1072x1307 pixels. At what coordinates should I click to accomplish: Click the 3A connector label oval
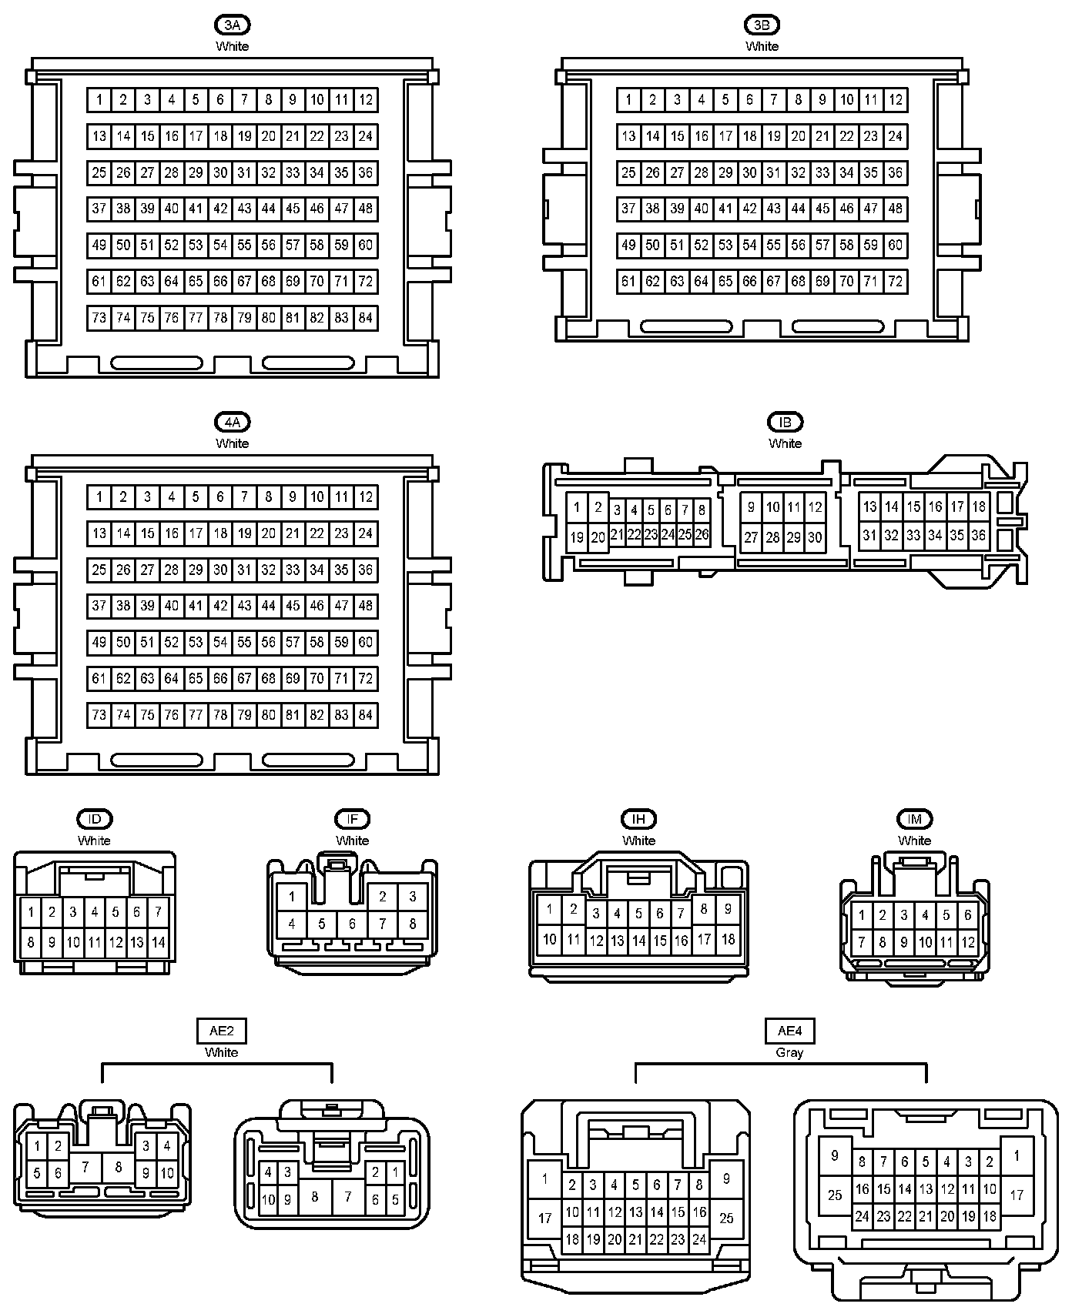[x=232, y=25]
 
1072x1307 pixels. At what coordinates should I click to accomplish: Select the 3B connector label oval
[x=762, y=25]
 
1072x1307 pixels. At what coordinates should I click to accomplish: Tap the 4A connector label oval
[x=232, y=423]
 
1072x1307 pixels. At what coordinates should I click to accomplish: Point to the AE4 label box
[x=789, y=1031]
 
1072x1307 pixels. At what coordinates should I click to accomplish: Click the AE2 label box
[x=221, y=1031]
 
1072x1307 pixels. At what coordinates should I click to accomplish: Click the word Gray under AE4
[x=789, y=1053]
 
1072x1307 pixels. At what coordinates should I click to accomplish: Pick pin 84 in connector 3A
[x=366, y=318]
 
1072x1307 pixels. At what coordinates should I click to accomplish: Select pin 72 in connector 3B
[x=895, y=282]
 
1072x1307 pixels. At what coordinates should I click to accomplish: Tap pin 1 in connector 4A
[x=99, y=497]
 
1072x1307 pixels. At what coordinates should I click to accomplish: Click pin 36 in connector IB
[x=978, y=535]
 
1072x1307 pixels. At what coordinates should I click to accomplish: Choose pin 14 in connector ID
[x=158, y=942]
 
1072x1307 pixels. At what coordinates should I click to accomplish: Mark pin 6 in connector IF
[x=352, y=924]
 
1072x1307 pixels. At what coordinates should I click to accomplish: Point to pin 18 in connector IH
[x=728, y=940]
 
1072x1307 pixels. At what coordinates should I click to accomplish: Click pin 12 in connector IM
[x=968, y=942]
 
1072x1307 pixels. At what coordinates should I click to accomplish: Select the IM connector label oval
[x=914, y=820]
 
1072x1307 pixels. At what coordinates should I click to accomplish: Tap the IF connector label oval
[x=352, y=820]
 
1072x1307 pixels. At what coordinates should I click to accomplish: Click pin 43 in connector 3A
[x=244, y=209]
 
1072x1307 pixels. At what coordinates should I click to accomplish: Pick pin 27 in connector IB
[x=751, y=538]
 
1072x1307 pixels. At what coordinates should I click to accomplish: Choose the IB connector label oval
[x=785, y=423]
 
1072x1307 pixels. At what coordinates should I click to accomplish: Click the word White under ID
[x=94, y=841]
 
